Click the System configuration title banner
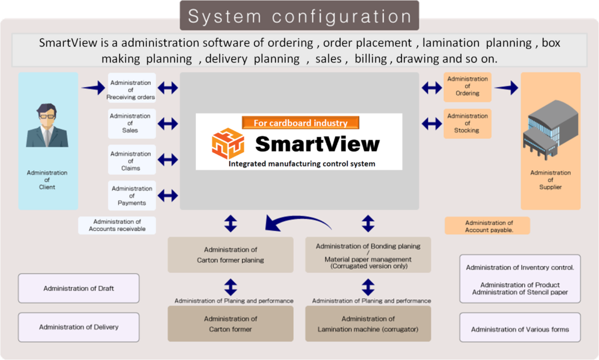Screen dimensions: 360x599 pos(299,16)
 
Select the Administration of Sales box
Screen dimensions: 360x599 pos(131,124)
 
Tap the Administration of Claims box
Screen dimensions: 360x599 pos(131,160)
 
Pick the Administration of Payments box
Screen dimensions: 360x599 pos(132,196)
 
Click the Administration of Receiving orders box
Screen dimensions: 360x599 pos(131,90)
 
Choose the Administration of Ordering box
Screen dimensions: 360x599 pos(467,87)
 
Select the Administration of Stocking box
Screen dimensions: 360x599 pos(467,124)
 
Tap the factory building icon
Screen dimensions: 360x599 pos(550,134)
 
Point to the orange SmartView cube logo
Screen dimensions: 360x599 pos(228,143)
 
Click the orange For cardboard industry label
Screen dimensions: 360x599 pos(300,123)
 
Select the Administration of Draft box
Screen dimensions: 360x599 pos(78,289)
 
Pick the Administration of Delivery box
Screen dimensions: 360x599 pos(78,327)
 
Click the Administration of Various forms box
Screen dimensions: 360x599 pos(520,330)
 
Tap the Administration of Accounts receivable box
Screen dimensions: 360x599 pos(117,225)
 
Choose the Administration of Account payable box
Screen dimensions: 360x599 pos(487,226)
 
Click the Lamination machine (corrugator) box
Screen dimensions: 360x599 pos(368,324)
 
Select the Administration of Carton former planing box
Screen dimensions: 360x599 pos(230,255)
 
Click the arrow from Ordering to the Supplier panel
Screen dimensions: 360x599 pos(506,88)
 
